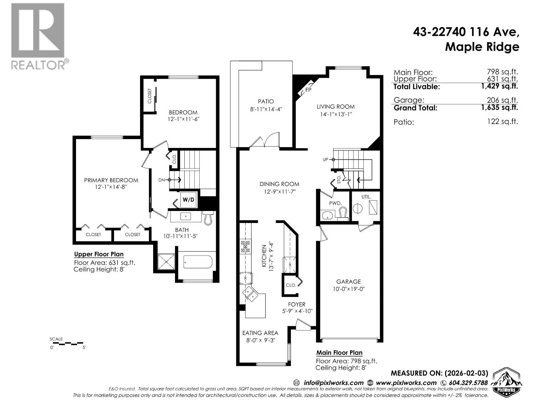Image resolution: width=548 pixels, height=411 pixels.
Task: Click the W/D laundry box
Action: pos(188,200)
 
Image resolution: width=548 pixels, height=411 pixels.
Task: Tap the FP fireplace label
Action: pos(308,90)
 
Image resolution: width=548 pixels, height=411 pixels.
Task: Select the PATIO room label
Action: pos(266,101)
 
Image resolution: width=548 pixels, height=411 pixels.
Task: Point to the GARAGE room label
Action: pos(348,282)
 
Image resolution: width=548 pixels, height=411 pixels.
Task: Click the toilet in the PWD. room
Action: pos(344,214)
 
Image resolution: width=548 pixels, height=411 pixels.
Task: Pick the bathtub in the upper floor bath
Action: pos(198,262)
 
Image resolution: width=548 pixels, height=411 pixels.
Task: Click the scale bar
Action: pos(68,344)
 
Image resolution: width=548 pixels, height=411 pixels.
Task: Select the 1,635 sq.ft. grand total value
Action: pos(499,107)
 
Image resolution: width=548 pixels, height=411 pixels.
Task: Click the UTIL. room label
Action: pos(366,197)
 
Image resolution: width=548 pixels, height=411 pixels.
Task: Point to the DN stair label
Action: pos(162,180)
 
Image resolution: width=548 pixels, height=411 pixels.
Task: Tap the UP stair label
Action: pos(325,160)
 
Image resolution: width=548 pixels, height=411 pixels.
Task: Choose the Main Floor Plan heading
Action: pos(339,353)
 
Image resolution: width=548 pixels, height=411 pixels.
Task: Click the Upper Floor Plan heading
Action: pos(99,254)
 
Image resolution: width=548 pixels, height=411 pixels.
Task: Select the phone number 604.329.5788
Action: pos(468,383)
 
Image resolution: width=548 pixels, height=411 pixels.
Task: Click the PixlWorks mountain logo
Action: pos(506,382)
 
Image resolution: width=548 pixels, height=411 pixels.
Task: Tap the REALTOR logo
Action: pos(39,36)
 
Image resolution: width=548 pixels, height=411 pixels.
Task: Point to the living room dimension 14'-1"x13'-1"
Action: pos(336,114)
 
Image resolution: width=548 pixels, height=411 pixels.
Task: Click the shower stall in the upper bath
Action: pos(166,262)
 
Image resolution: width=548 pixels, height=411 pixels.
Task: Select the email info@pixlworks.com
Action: pos(333,383)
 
